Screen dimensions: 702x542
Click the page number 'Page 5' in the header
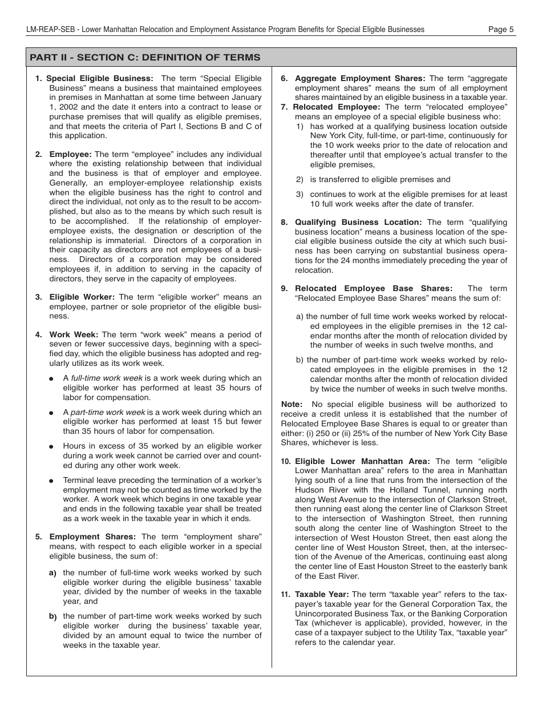click(x=501, y=30)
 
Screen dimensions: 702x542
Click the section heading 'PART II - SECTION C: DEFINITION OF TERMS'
click(x=145, y=58)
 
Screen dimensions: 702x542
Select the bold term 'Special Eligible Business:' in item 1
click(x=99, y=78)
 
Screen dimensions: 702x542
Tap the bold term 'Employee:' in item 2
click(x=70, y=154)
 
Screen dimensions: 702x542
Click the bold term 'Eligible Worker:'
click(x=82, y=297)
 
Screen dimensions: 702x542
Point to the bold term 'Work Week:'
click(x=74, y=334)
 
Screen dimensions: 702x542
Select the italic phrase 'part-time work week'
click(x=108, y=412)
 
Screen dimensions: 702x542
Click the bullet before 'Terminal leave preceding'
click(x=52, y=481)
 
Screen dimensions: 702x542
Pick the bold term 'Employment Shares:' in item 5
click(x=92, y=536)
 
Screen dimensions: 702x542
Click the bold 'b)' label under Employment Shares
click(x=52, y=616)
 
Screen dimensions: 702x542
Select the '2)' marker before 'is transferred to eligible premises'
click(x=300, y=179)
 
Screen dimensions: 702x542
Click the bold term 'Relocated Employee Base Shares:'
click(x=374, y=289)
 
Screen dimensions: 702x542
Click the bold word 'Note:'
click(x=292, y=404)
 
